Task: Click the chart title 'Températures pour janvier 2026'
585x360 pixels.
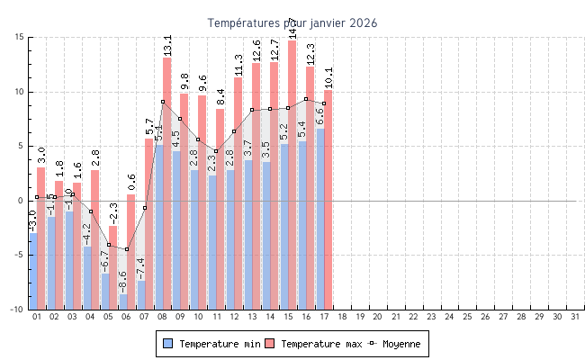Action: click(292, 22)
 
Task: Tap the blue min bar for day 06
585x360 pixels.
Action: click(122, 301)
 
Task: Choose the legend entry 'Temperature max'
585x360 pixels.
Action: click(314, 344)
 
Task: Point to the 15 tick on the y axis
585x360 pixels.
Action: click(19, 37)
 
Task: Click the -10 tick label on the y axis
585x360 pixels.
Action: click(16, 310)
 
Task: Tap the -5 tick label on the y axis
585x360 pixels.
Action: click(18, 255)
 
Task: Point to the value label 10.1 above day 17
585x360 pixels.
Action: click(328, 78)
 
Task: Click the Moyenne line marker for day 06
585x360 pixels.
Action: click(127, 249)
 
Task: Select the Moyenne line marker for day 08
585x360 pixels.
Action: click(163, 102)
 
